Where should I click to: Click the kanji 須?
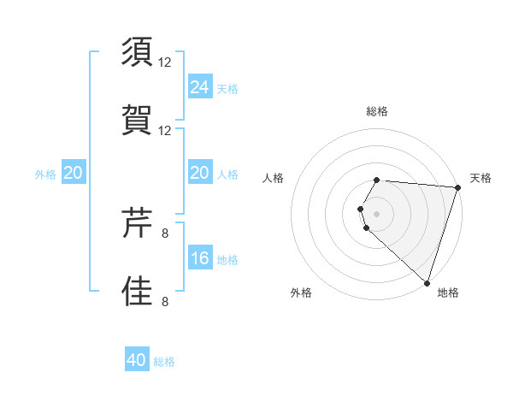tap(137, 53)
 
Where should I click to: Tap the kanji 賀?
tap(137, 119)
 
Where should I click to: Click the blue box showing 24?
tap(200, 86)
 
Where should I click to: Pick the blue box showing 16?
tap(200, 258)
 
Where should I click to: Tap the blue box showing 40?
tap(137, 360)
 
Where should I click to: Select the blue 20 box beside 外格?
tap(74, 173)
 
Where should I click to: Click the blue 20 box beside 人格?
tap(200, 173)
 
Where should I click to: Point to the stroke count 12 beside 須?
tap(166, 62)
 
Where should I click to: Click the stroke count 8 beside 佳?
tap(166, 300)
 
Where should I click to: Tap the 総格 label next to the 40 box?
tap(164, 362)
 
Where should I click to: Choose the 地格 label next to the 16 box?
tap(227, 260)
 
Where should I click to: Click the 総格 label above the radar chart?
tap(377, 111)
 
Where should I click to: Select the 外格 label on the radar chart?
tap(301, 293)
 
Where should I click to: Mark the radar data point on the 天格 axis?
tap(457, 187)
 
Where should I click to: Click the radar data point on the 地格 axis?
tap(427, 283)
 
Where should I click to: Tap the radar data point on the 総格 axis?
tap(377, 180)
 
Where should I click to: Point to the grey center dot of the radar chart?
tap(377, 213)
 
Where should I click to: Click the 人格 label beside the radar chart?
tap(274, 178)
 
